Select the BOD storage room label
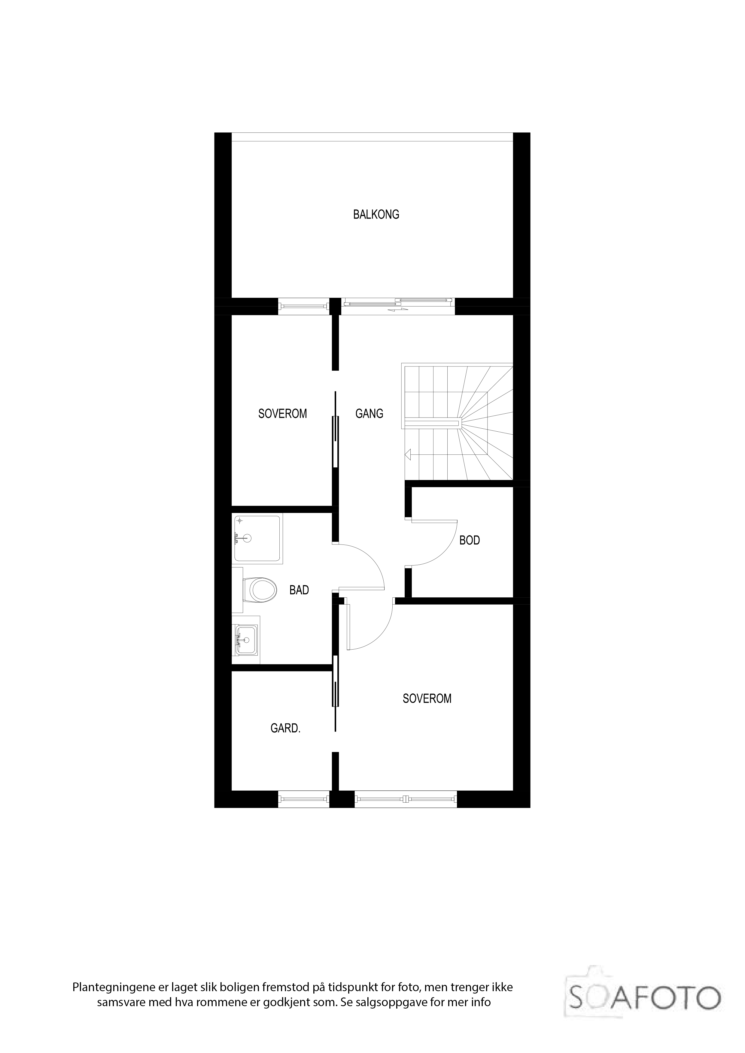(470, 540)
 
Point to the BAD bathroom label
(299, 590)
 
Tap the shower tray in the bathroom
(257, 538)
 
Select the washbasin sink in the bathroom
(246, 639)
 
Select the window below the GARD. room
(304, 799)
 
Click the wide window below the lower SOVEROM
(406, 799)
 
